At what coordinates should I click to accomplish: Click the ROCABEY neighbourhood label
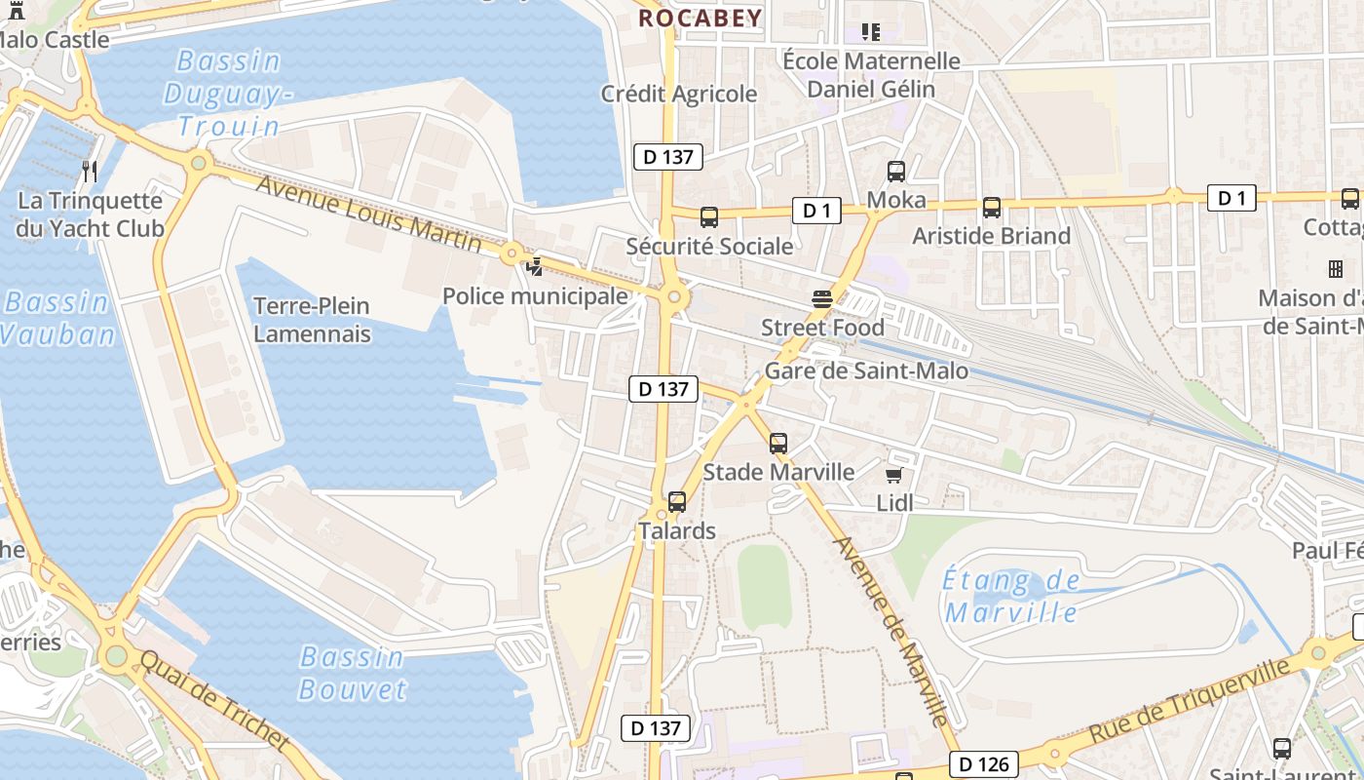[700, 18]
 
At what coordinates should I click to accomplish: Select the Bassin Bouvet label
[352, 673]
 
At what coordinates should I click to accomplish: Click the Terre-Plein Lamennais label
[312, 320]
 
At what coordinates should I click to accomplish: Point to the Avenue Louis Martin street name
[368, 212]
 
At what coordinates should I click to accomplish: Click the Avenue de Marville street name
[890, 632]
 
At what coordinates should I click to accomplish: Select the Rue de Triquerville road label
[1190, 700]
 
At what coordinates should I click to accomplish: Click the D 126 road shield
[983, 763]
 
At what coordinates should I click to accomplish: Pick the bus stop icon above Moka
[896, 172]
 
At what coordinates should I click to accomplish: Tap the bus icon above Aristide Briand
[992, 207]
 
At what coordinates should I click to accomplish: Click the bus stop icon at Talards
[677, 502]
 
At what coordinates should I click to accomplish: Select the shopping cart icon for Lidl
[893, 475]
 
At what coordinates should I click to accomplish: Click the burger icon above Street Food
[822, 298]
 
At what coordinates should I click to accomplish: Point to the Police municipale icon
[535, 265]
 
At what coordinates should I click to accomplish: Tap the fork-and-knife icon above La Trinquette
[90, 172]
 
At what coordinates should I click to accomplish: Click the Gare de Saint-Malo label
[866, 370]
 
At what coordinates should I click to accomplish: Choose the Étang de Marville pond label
[1011, 597]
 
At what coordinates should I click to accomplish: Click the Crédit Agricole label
[678, 94]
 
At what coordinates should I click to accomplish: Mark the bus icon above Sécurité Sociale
[709, 216]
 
